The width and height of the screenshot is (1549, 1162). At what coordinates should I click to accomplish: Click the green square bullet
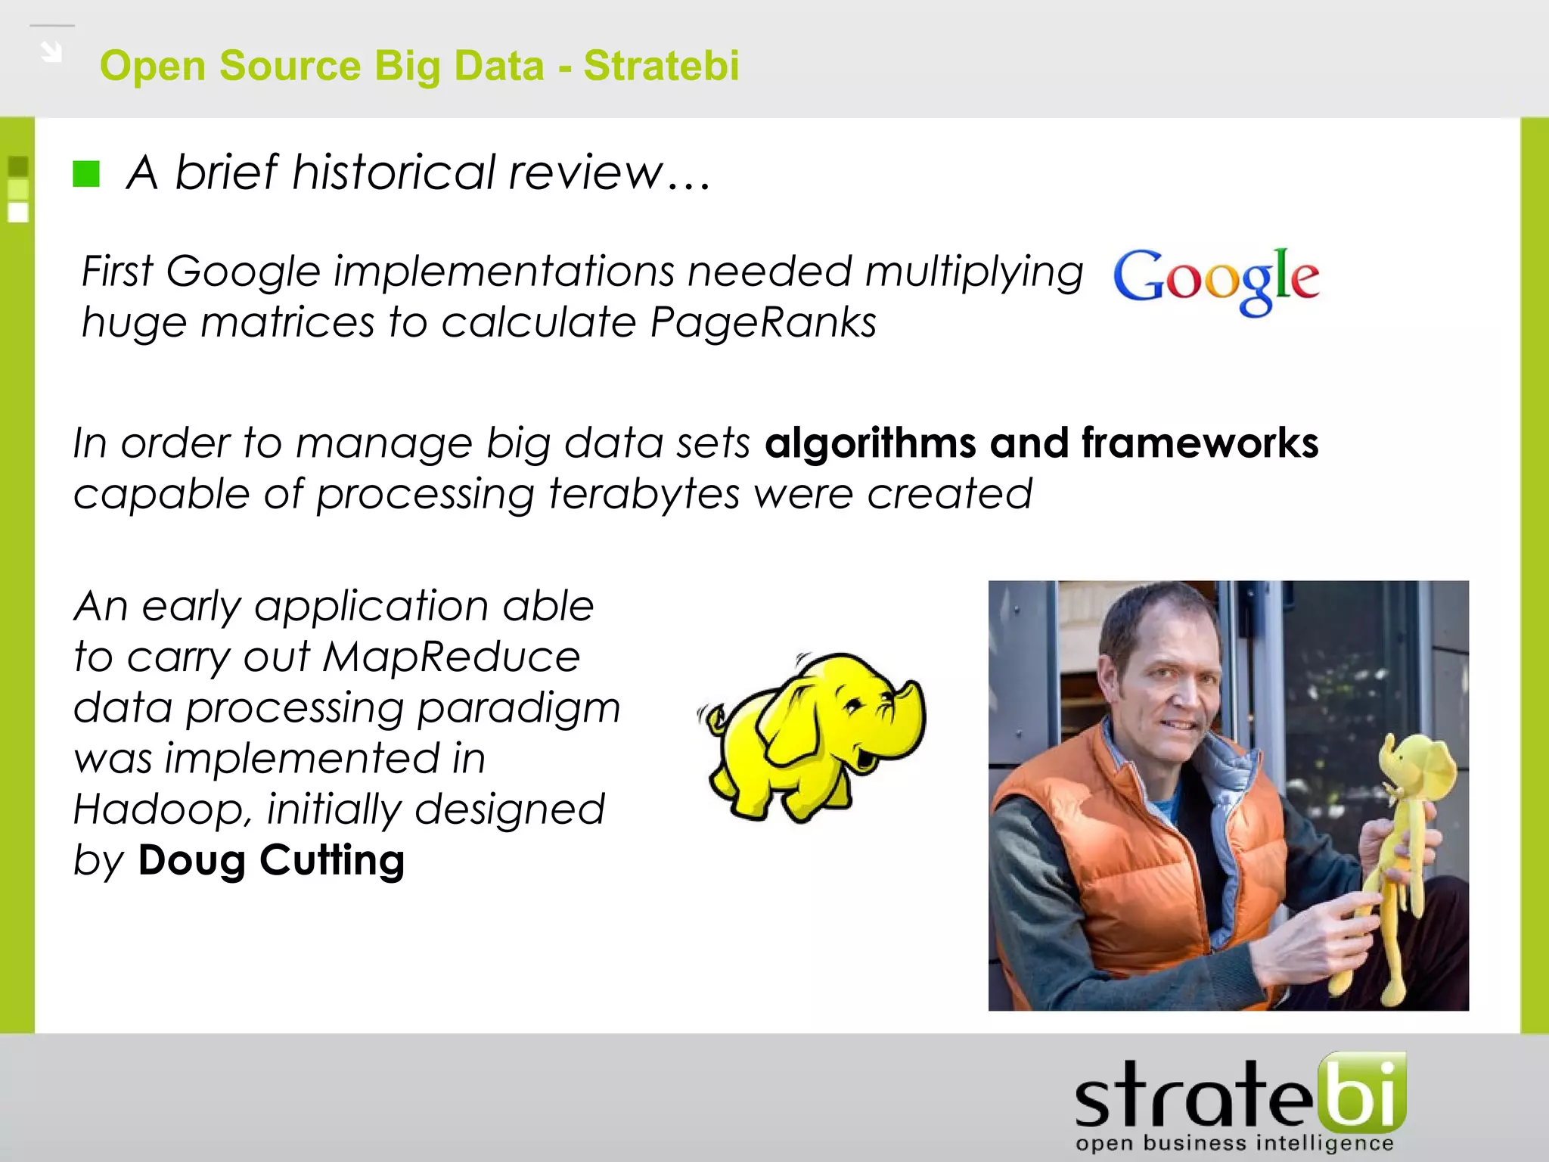pyautogui.click(x=86, y=174)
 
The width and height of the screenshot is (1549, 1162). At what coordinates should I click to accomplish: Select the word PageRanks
pyautogui.click(x=762, y=323)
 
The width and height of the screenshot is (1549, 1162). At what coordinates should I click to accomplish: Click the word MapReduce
pyautogui.click(x=452, y=657)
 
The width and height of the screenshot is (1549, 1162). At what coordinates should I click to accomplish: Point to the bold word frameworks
pyautogui.click(x=1200, y=443)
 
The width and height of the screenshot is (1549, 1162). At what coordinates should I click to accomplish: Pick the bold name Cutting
pyautogui.click(x=332, y=861)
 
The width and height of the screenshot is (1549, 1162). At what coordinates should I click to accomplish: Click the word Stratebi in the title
pyautogui.click(x=661, y=66)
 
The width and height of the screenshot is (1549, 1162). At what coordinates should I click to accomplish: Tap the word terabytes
pyautogui.click(x=644, y=495)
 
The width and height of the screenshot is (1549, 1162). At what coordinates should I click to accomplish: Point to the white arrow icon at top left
pyautogui.click(x=51, y=52)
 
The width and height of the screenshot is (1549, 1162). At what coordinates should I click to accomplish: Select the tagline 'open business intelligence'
pyautogui.click(x=1234, y=1143)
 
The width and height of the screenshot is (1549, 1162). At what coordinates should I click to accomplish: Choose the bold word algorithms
pyautogui.click(x=871, y=443)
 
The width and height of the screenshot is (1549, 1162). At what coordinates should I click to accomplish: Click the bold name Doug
pyautogui.click(x=191, y=861)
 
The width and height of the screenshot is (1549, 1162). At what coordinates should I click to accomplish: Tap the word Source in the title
pyautogui.click(x=290, y=66)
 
